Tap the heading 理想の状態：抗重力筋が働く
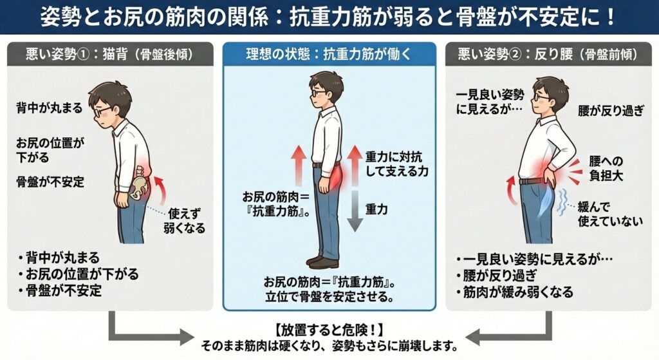click(329, 55)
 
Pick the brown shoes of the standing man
click(322, 261)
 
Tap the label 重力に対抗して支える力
click(396, 164)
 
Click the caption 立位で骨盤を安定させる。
click(329, 298)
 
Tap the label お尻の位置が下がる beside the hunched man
click(50, 149)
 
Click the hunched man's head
click(109, 100)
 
